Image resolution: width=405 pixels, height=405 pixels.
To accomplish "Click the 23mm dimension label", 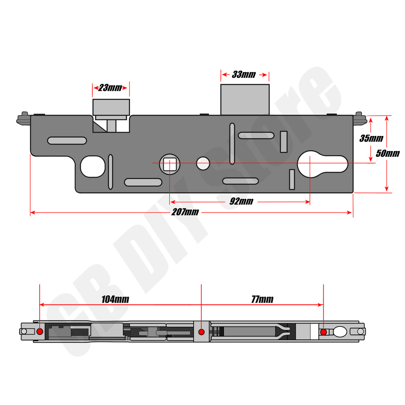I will [110, 88].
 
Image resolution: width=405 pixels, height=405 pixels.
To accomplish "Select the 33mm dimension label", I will [244, 75].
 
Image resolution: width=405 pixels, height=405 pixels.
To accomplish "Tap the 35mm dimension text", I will [371, 138].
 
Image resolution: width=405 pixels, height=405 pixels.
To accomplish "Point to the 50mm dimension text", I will [388, 153].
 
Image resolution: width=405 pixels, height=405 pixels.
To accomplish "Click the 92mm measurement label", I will [241, 201].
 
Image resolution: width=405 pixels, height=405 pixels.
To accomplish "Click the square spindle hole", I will [169, 164].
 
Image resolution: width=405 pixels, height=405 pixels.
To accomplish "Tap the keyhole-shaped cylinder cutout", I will [323, 163].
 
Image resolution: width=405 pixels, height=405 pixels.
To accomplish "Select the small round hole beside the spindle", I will [203, 163].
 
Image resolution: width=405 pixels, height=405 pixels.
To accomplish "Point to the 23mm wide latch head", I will [111, 107].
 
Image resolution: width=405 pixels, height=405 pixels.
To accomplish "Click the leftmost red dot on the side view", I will [40, 332].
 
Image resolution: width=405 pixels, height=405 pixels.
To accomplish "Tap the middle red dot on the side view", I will [201, 332].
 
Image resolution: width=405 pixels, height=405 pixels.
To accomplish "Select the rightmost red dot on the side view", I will [323, 332].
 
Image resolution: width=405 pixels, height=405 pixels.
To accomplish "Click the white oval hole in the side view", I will [340, 332].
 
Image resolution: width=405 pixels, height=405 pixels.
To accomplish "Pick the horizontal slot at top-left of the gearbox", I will [67, 141].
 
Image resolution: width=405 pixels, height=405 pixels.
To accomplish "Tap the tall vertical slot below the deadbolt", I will [232, 143].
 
